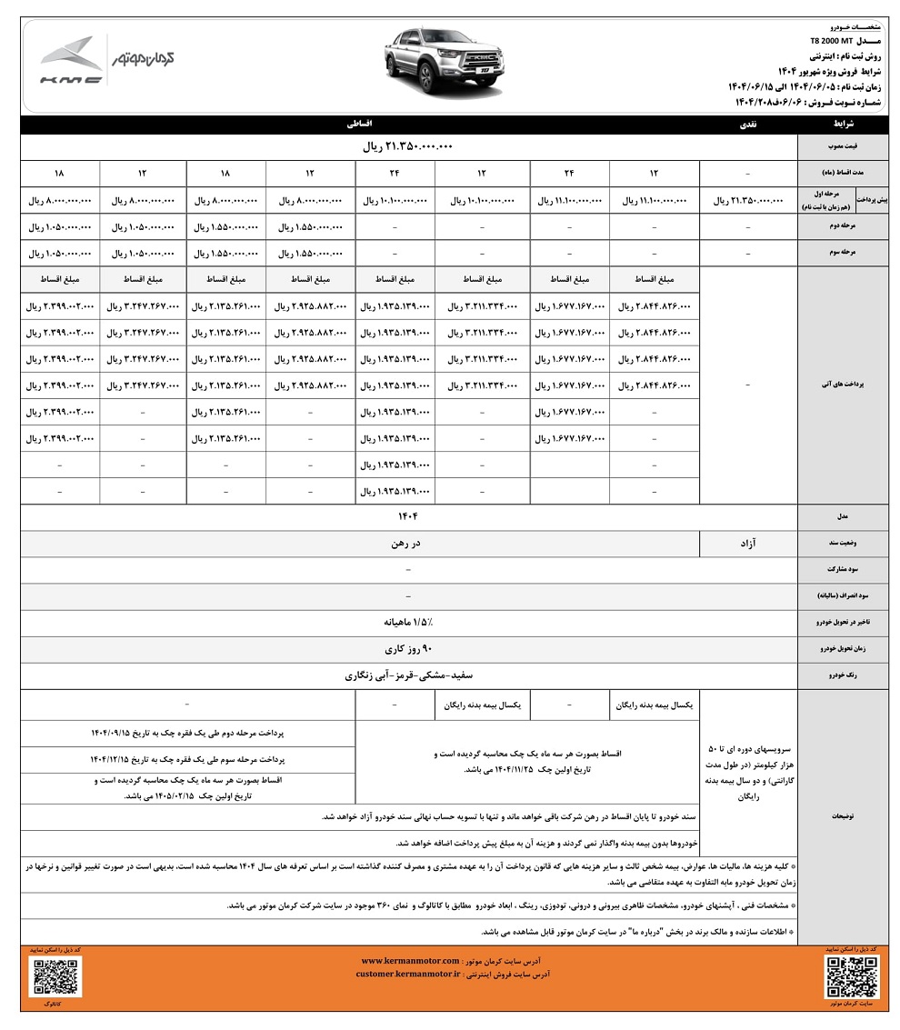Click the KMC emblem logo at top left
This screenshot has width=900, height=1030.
(71, 61)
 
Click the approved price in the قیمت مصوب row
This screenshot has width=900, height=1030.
(407, 146)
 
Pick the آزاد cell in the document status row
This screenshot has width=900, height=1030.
(748, 544)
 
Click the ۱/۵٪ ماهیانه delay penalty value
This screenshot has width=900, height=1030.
(406, 623)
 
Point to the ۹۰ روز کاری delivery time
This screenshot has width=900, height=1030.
(406, 650)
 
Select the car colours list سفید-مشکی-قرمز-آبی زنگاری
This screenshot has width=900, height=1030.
(406, 676)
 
